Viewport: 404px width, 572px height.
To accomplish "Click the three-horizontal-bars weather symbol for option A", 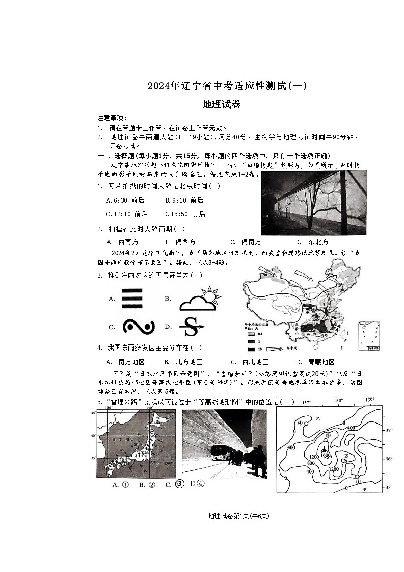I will click(x=131, y=298).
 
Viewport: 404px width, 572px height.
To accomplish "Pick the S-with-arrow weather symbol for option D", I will click(x=192, y=327).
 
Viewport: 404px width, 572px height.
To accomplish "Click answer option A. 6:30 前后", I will click(x=125, y=201).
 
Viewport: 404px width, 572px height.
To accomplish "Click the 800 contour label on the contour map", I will click(x=311, y=464).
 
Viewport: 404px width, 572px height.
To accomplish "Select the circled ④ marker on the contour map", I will click(x=301, y=423).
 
